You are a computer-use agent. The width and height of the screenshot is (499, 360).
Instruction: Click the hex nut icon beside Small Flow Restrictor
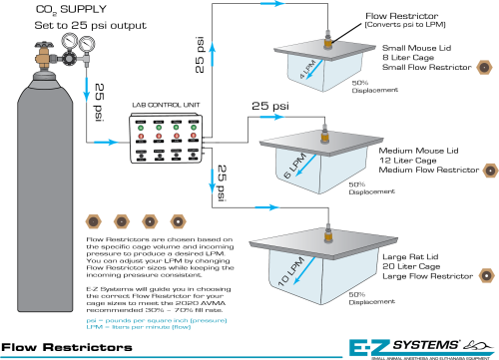(x=484, y=66)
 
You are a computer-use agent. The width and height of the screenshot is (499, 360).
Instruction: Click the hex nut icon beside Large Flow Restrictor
(x=484, y=250)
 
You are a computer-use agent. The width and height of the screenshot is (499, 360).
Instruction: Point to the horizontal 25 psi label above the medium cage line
(x=270, y=106)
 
